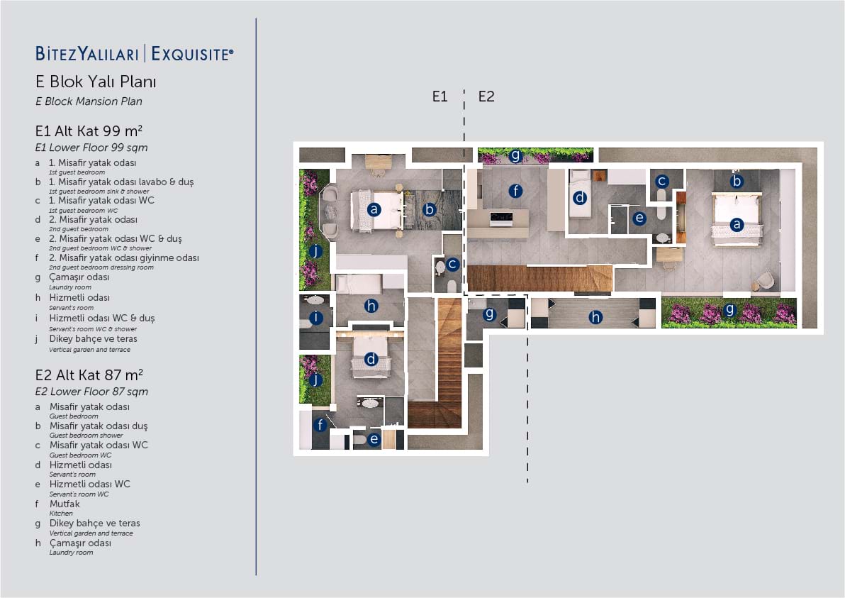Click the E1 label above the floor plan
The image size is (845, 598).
point(440,96)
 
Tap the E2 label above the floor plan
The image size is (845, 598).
point(486,96)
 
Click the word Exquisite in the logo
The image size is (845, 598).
point(192,54)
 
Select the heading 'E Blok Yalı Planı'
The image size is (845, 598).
point(96,82)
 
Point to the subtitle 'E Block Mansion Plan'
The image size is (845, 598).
point(89,101)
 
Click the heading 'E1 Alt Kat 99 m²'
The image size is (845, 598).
point(89,131)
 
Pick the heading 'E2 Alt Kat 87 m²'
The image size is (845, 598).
point(89,375)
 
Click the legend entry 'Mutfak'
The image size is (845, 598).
point(65,504)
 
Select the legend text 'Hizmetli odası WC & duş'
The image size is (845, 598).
point(102,318)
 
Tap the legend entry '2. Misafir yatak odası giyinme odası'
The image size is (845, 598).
point(124,258)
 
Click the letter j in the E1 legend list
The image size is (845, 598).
point(37,339)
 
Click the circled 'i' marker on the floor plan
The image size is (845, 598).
point(315,318)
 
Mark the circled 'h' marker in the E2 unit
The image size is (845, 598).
point(595,317)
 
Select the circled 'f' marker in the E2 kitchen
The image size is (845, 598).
point(516,190)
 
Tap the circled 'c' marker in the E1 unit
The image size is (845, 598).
point(452,264)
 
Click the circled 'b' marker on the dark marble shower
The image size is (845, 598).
point(429,209)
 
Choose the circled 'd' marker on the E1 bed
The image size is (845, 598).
point(371,358)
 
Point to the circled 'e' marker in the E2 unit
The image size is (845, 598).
point(639,218)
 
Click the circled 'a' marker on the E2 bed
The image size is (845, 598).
point(737,224)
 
